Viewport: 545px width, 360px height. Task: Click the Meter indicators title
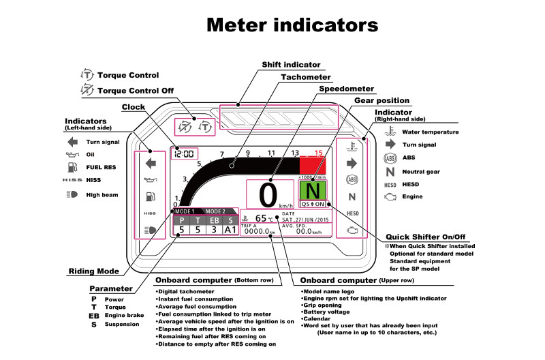[x=292, y=25]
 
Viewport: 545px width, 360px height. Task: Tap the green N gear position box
[x=313, y=190]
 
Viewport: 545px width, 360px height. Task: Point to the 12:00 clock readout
[x=184, y=153]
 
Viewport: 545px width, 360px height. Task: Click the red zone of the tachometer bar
[x=313, y=165]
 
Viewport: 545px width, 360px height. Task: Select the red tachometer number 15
[x=318, y=153]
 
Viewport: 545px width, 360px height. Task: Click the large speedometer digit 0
[x=268, y=195]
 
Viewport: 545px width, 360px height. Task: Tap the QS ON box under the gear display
[x=313, y=204]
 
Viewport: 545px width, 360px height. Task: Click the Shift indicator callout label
[x=291, y=65]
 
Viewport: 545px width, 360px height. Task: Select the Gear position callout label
[x=381, y=100]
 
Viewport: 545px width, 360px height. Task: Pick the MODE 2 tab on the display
[x=215, y=211]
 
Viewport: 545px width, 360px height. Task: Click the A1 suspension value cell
[x=230, y=230]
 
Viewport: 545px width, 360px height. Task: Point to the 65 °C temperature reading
[x=264, y=218]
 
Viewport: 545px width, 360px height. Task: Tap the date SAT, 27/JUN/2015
[x=305, y=220]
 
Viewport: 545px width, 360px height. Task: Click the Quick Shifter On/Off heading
[x=425, y=237]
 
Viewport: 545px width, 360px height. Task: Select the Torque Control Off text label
[x=136, y=91]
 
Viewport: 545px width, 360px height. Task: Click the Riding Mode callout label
[x=94, y=271]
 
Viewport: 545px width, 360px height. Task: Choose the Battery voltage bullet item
[x=327, y=312]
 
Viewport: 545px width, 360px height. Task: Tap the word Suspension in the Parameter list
[x=122, y=324]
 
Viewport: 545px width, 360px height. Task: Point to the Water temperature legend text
[x=431, y=132]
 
